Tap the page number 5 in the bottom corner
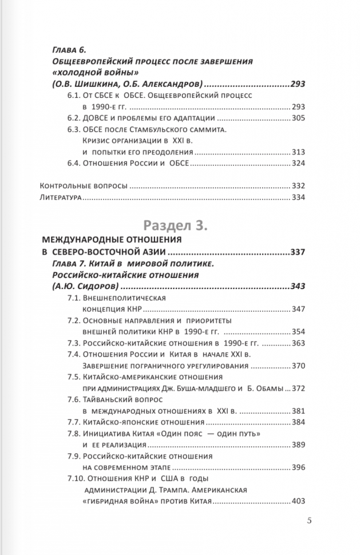[x=309, y=520]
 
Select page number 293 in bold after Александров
[x=298, y=84]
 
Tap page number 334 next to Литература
[x=298, y=198]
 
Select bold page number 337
[x=298, y=252]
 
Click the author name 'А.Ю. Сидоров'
[x=85, y=286]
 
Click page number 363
[x=298, y=343]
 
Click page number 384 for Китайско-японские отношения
[x=298, y=422]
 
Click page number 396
[x=298, y=467]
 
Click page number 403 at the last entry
[x=298, y=501]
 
